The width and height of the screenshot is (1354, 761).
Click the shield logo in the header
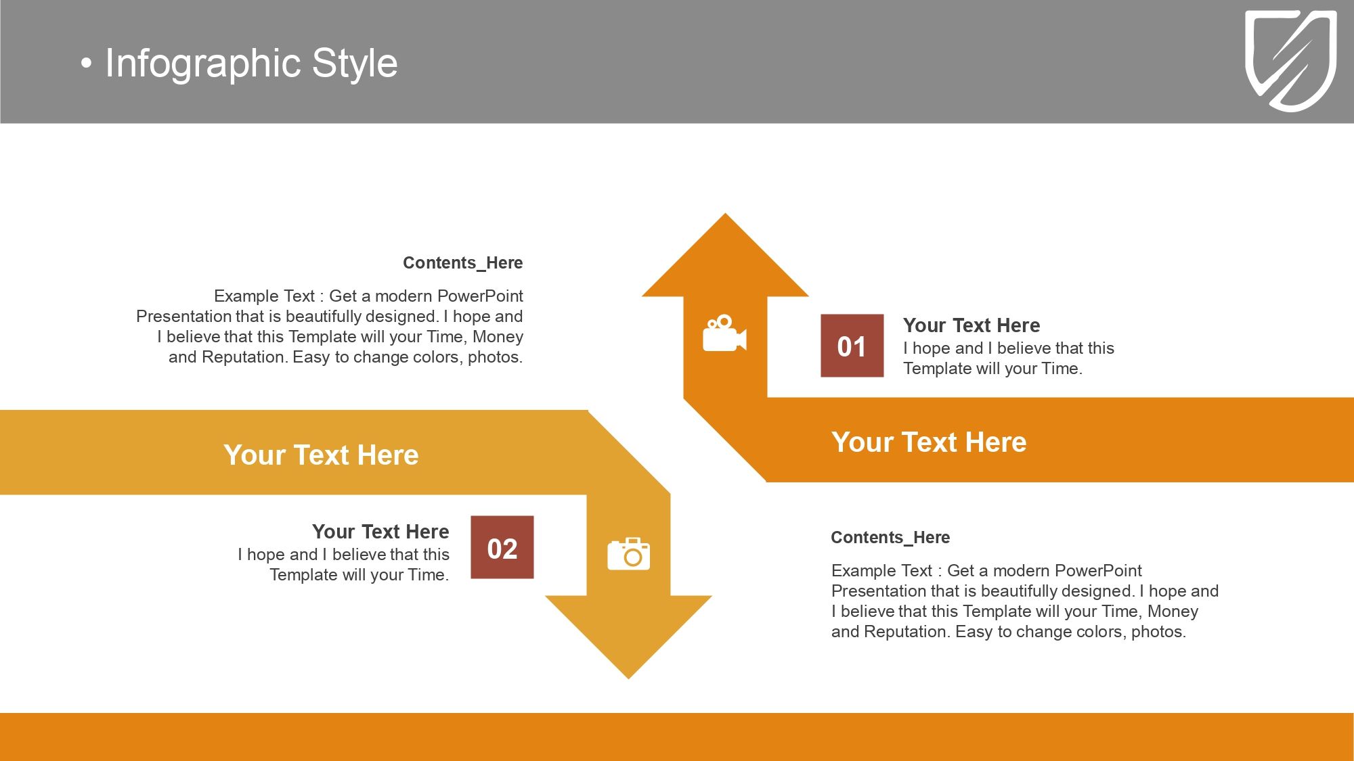point(1291,60)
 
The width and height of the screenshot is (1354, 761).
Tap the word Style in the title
point(355,64)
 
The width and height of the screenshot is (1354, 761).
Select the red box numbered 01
point(852,346)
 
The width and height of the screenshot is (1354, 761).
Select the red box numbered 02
point(502,547)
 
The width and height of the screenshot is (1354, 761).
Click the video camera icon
point(724,333)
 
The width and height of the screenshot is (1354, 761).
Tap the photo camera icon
point(628,554)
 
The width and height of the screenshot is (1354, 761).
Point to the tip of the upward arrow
point(725,214)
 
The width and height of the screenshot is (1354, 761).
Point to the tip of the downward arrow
point(628,678)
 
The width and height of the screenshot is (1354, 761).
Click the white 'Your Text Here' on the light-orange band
point(321,455)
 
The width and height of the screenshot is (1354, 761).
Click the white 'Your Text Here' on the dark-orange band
point(929,442)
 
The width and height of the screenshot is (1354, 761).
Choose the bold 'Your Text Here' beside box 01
point(971,325)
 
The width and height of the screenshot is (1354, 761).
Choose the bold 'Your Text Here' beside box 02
point(380,532)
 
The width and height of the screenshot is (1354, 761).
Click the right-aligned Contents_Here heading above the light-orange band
point(463,262)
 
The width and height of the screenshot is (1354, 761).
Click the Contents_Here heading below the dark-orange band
point(890,537)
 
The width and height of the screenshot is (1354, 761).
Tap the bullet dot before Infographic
point(85,64)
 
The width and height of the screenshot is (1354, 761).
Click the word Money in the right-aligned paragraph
point(498,337)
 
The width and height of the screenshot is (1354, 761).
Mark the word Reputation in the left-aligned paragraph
point(907,632)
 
